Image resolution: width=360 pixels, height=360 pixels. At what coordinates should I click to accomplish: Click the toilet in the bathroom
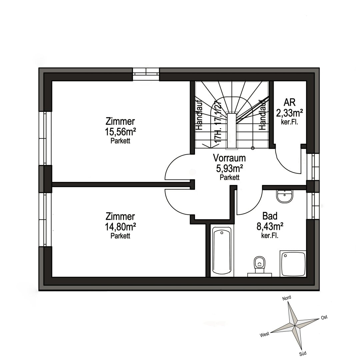pos(259,265)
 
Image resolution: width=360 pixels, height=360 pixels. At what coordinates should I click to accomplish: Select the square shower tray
pos(293,263)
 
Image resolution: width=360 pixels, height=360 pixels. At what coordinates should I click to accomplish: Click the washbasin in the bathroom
pos(285,197)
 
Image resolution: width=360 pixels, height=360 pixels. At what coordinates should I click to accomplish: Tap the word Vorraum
pos(229,158)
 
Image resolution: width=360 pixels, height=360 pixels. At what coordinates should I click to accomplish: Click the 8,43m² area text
pos(270,227)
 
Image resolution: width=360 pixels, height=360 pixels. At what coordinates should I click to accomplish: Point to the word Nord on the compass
pos(287,298)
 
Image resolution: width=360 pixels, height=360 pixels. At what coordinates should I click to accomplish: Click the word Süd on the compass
pos(303,353)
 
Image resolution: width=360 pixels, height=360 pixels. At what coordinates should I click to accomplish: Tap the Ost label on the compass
pos(324,317)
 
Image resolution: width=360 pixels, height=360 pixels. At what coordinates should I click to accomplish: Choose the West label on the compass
pos(265,334)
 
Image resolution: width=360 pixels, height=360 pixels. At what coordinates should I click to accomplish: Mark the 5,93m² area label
pos(229,168)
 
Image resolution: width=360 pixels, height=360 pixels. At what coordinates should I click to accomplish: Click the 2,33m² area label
pos(289,113)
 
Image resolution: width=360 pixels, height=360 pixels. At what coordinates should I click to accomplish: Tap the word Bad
pos(270,216)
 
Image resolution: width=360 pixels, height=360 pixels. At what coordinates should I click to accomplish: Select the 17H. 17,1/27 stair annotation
pos(218,122)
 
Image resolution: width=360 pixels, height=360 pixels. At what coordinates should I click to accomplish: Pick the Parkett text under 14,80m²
pos(120,236)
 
